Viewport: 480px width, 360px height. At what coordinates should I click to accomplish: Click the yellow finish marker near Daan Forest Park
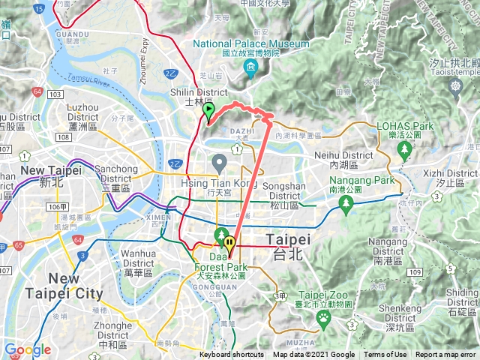230,243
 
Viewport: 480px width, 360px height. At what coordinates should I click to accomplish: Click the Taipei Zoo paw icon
323,317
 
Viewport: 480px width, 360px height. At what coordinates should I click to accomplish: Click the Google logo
27,349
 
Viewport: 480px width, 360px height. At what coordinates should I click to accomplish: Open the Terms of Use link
385,355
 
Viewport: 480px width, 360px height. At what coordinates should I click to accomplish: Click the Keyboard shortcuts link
232,355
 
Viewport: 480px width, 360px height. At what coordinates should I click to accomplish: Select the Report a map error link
445,355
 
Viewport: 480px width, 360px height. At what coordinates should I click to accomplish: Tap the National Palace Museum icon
250,70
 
